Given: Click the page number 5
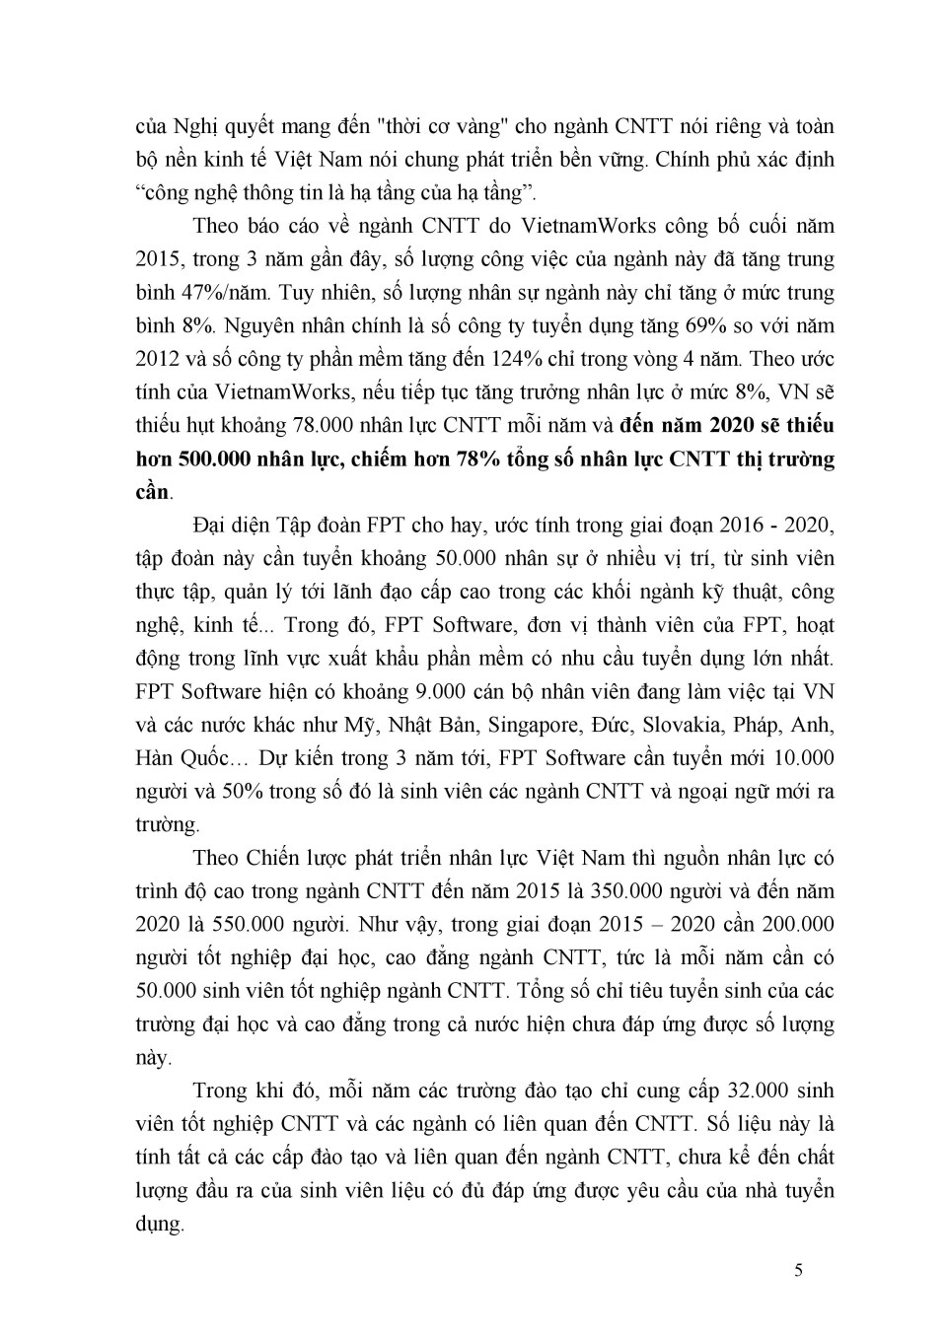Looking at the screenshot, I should pos(798,1269).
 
